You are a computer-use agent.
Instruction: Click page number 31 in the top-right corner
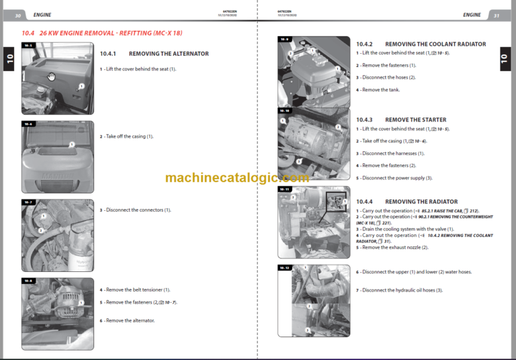pos(496,15)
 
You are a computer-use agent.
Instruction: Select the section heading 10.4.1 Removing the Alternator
pos(154,54)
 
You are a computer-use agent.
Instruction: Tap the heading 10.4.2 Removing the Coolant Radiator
pos(421,44)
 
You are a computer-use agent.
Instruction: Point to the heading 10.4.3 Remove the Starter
pos(401,120)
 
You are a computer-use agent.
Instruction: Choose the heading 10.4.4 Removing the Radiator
pos(406,201)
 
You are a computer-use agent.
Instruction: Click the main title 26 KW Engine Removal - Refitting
pos(111,33)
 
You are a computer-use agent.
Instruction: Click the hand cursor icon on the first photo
pos(51,76)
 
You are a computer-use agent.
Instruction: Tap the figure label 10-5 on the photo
pos(28,46)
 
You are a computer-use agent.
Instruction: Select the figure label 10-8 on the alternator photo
pos(28,281)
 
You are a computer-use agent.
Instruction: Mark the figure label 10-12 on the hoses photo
pos(285,268)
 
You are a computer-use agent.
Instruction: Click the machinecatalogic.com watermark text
pos(237,178)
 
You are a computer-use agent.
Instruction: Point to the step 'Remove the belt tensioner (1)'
pos(135,290)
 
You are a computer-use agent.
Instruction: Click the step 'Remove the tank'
pos(380,90)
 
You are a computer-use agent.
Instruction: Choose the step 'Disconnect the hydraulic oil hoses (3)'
pos(399,290)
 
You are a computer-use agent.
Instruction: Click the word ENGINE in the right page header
pos(472,15)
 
